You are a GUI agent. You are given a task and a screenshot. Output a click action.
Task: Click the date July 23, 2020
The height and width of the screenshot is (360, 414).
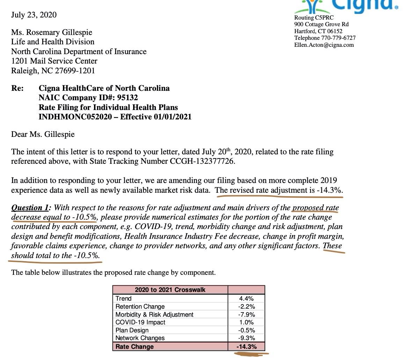34,15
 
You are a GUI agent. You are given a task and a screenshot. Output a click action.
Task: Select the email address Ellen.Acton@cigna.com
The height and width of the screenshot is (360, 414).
324,45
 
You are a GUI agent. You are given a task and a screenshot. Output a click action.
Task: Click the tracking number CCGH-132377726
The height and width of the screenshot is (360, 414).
202,161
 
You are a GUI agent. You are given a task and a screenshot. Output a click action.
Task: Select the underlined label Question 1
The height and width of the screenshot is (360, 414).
30,208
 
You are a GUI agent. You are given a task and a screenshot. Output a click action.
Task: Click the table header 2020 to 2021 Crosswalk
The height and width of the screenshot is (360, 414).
170,290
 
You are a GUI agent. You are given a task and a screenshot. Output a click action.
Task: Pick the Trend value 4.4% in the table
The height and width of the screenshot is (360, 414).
246,299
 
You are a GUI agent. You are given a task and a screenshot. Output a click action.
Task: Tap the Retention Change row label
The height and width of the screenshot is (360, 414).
140,307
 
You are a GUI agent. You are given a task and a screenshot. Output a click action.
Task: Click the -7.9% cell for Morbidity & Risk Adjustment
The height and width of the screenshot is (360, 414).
246,315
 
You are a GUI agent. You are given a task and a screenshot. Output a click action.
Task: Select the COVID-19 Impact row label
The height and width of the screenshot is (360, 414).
140,322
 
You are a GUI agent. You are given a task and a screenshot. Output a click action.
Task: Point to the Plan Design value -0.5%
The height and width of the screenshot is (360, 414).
246,330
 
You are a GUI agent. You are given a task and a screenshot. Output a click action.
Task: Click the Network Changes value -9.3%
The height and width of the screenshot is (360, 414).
246,338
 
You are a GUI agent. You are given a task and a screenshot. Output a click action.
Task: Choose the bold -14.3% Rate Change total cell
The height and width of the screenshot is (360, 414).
246,347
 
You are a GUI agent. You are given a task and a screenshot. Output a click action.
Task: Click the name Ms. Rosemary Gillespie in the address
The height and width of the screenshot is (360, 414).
52,32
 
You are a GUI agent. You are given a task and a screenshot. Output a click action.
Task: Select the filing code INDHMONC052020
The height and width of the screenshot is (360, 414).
75,117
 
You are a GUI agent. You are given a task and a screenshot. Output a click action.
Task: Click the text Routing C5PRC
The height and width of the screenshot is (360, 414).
314,17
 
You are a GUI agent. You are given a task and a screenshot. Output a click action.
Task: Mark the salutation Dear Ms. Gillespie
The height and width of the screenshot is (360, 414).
43,134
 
